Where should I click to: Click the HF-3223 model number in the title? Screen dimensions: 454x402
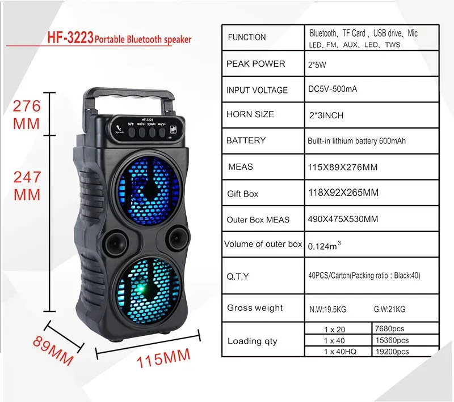tap(70, 37)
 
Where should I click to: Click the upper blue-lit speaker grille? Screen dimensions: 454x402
tap(149, 191)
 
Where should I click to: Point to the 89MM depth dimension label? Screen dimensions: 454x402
tap(53, 351)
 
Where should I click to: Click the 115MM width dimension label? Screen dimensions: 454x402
tap(163, 358)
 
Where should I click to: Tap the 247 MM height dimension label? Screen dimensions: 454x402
tap(27, 186)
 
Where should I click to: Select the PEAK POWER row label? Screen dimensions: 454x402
tap(256, 64)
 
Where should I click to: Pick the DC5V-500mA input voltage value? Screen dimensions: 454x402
tap(333, 89)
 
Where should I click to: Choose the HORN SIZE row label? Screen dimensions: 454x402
tap(250, 114)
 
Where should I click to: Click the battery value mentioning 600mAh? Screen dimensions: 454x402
tap(356, 141)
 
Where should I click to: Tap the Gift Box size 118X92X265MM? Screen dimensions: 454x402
tap(343, 193)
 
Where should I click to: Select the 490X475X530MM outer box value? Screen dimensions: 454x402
tap(343, 219)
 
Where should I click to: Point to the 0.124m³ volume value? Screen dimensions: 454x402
tap(324, 246)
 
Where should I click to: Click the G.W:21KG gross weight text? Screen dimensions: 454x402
tap(389, 309)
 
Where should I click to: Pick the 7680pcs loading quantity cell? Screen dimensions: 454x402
tap(389, 328)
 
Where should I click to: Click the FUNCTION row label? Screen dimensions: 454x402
tap(247, 37)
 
